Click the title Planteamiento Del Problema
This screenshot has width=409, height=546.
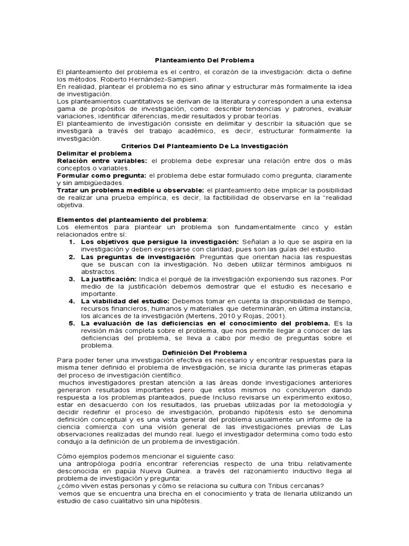click(x=204, y=61)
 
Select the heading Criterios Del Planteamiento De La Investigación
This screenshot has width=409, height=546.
click(x=204, y=146)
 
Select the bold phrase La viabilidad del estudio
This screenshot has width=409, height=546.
click(x=125, y=301)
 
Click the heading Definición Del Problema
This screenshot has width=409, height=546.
click(x=204, y=352)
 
